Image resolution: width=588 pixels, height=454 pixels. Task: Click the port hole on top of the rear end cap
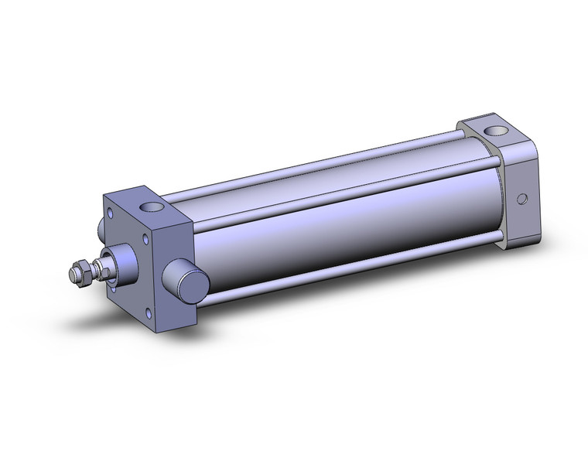(x=493, y=131)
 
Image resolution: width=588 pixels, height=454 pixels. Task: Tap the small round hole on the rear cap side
(x=524, y=199)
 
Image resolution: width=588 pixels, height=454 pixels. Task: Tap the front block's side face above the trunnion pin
(x=175, y=240)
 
